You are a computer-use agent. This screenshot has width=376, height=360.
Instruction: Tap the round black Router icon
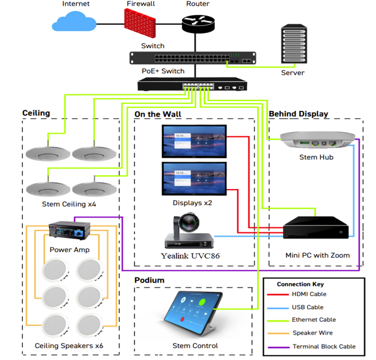point(198,24)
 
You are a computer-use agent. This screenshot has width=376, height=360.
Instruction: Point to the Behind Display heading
point(299,114)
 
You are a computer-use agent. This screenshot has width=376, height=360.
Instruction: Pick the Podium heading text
point(149,280)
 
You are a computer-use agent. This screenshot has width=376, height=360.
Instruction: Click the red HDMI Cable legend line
point(276,294)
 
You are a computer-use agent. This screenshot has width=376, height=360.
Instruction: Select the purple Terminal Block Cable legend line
point(276,346)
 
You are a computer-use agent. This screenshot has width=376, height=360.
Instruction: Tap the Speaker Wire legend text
point(314,333)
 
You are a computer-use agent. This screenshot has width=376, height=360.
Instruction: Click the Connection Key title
point(301,284)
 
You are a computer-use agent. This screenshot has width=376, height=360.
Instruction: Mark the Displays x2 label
point(193,203)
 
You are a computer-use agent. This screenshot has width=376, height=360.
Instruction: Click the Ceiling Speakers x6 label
point(68,345)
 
